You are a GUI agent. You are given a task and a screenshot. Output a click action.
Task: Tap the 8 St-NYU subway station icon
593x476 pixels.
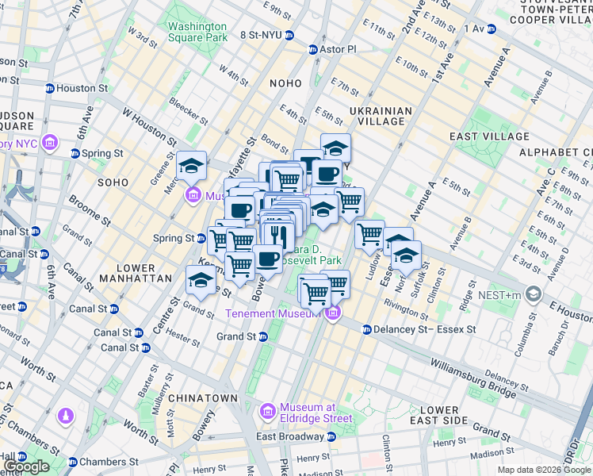(x=290, y=36)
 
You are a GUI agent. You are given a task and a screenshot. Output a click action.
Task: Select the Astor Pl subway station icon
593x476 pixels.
(x=313, y=49)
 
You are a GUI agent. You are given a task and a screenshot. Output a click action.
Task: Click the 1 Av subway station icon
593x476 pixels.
(x=492, y=29)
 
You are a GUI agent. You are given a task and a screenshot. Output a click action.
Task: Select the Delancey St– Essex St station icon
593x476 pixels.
(x=366, y=329)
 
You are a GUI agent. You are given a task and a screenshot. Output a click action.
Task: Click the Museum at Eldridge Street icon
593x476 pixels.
(x=267, y=412)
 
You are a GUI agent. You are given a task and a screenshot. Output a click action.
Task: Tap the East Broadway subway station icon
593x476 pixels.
(x=331, y=436)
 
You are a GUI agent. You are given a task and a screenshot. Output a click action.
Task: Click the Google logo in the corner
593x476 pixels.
(x=26, y=466)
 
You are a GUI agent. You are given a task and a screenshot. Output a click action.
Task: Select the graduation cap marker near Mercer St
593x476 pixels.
(x=191, y=165)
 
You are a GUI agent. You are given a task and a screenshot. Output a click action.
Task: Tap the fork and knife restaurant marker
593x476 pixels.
(x=277, y=235)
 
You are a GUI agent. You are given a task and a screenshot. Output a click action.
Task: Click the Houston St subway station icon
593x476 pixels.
(x=49, y=89)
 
